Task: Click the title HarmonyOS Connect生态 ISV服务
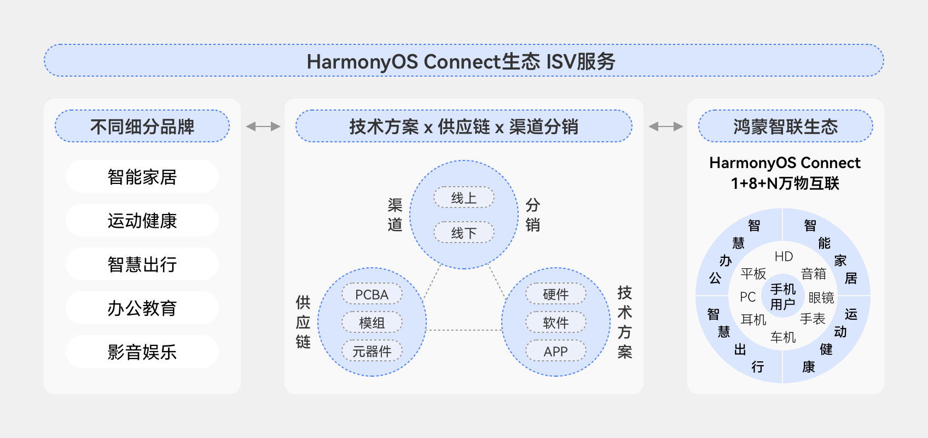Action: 461,61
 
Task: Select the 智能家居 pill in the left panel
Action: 142,177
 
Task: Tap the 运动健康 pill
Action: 142,221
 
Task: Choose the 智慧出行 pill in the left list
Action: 142,264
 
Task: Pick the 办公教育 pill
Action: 142,308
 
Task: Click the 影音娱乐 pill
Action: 142,352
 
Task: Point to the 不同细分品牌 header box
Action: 142,126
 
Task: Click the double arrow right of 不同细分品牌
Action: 263,126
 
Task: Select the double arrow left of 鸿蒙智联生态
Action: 665,126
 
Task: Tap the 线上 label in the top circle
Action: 464,198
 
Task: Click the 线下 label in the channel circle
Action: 464,233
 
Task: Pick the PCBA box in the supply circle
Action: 372,295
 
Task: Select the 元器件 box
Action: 372,351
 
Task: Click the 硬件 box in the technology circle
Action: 556,295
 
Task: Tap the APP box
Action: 556,351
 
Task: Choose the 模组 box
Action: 372,323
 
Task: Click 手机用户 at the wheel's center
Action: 783,297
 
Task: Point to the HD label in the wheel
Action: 784,256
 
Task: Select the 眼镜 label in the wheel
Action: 821,298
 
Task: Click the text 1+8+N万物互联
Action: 785,183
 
